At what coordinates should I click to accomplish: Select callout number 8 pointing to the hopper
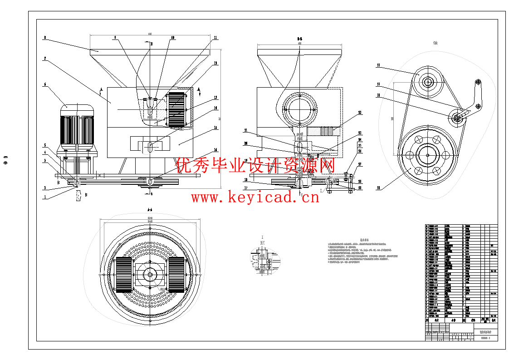[45, 38]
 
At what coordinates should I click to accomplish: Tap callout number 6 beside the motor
[45, 84]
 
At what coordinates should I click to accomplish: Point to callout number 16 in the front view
[215, 149]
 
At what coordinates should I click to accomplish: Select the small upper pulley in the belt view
[427, 82]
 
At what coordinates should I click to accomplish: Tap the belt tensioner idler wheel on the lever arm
[457, 117]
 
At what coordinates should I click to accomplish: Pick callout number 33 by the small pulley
[378, 65]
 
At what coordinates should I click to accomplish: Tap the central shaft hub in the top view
[150, 274]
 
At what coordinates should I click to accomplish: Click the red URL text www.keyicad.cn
[255, 197]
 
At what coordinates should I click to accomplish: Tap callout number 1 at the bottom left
[45, 197]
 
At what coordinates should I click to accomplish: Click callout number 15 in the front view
[215, 128]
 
